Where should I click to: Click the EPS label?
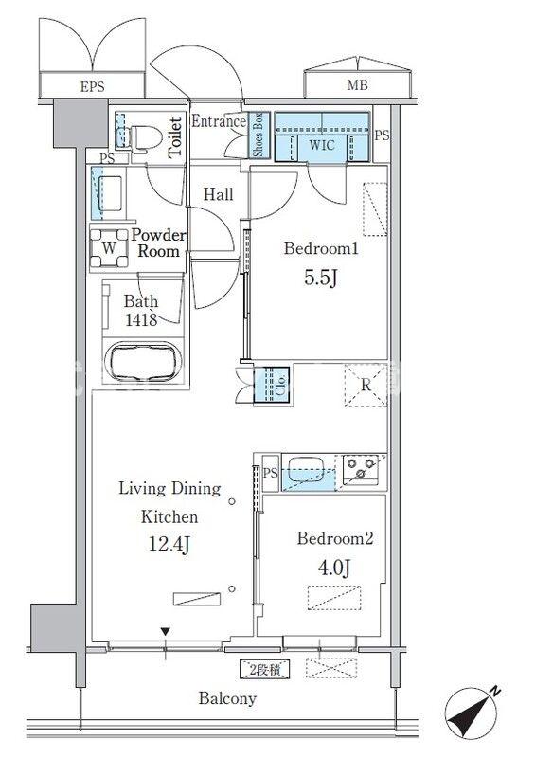tap(92, 87)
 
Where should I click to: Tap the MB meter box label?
tap(358, 85)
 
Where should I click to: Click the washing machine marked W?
tap(109, 247)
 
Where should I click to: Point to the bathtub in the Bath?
tap(144, 362)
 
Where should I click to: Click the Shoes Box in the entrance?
tap(258, 135)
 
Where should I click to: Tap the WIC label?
tap(322, 145)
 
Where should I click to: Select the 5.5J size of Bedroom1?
tap(320, 278)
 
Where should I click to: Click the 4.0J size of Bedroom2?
tap(334, 568)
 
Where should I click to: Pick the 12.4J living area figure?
tap(169, 545)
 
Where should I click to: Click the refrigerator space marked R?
tap(366, 386)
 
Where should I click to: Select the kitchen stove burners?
tap(362, 468)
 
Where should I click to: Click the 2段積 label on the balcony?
tap(265, 671)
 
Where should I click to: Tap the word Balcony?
tap(227, 698)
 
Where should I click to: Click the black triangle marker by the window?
tap(166, 631)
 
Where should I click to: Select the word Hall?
tap(219, 195)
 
